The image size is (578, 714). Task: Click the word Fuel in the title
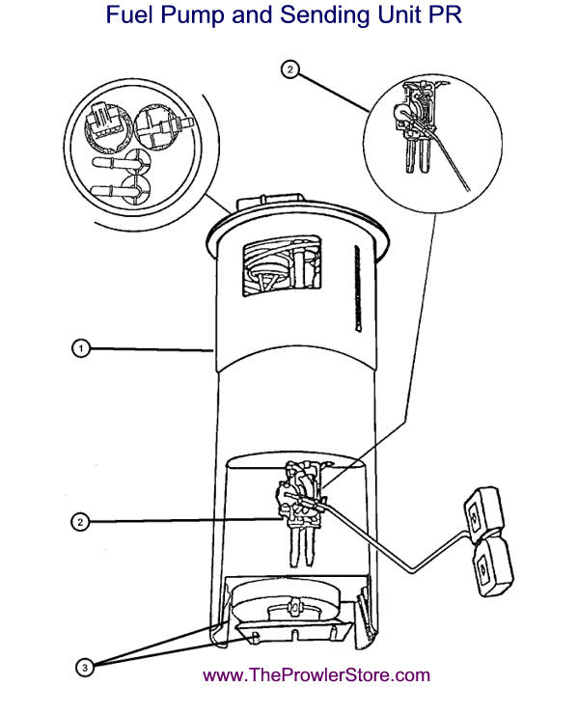[129, 14]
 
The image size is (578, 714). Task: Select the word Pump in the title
[193, 16]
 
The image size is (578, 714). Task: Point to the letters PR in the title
[445, 14]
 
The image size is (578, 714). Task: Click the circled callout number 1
[81, 349]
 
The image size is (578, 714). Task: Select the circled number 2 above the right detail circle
[290, 69]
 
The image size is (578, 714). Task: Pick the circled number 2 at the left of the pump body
[80, 522]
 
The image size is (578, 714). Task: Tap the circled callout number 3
[84, 668]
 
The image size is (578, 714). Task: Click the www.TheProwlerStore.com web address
[317, 674]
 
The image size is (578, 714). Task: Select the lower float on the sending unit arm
[493, 567]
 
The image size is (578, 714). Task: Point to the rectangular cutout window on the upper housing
[282, 266]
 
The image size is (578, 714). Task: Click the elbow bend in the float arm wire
[412, 570]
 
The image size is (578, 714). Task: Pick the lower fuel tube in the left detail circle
[120, 191]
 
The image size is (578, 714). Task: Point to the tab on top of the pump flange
[270, 203]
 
